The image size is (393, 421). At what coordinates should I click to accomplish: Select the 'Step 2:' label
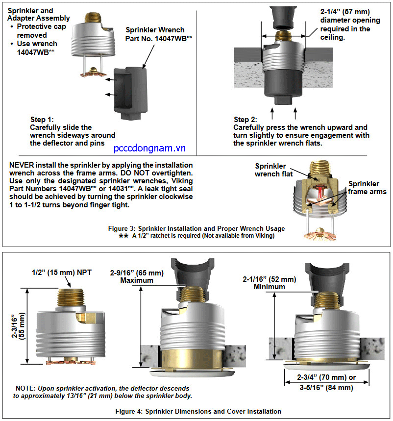pyautogui.click(x=248, y=120)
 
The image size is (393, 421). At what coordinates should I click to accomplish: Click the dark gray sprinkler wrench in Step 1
pyautogui.click(x=129, y=93)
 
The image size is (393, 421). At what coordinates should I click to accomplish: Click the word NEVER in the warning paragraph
pyautogui.click(x=23, y=165)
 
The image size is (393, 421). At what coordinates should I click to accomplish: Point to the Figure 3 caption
pyautogui.click(x=196, y=228)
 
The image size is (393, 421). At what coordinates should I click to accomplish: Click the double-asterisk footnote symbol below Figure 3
pyautogui.click(x=123, y=236)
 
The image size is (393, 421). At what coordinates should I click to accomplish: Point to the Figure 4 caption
pyautogui.click(x=196, y=411)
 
